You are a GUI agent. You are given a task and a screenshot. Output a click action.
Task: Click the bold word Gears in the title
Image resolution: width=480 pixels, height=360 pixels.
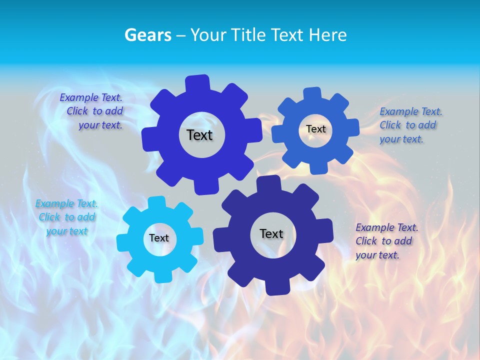pos(148,35)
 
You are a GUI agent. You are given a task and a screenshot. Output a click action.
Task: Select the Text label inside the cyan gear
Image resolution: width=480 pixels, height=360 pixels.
pos(159,238)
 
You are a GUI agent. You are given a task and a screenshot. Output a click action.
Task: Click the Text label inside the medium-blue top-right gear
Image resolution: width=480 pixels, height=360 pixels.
pos(316,129)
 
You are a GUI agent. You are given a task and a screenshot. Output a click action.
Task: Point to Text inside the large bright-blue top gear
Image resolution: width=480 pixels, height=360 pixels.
pos(199,135)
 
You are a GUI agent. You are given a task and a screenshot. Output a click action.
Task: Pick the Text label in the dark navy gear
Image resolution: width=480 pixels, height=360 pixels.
pos(271,234)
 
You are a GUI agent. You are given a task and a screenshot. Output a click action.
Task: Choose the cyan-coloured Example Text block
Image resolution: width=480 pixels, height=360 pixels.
pos(66,217)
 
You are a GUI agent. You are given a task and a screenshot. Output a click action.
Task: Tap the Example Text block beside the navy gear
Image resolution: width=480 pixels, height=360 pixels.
pos(386,241)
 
